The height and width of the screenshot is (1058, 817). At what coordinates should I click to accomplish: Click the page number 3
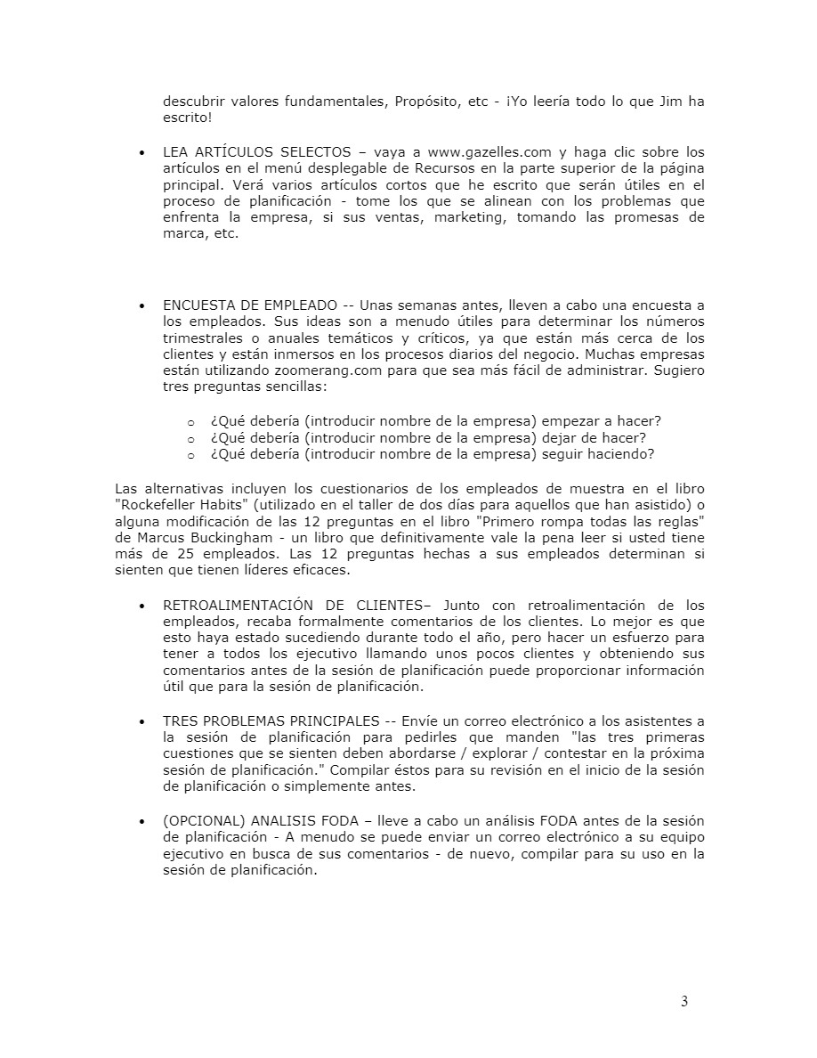[x=684, y=1001]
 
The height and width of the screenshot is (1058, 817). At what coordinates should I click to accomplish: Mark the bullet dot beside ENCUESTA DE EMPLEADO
[x=142, y=305]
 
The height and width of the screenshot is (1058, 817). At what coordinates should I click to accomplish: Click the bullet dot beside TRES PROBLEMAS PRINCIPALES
[x=142, y=720]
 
